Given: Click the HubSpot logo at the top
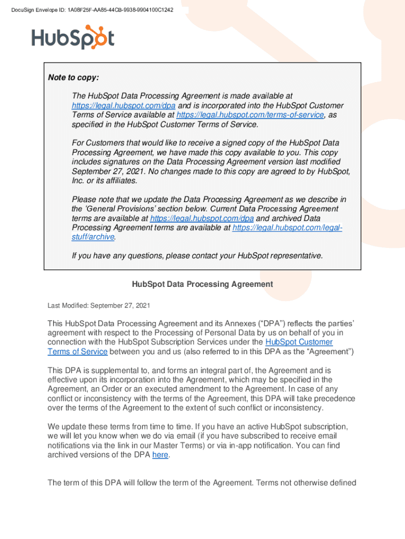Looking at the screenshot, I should coord(73,37).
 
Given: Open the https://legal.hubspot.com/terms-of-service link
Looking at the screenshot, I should coord(250,115).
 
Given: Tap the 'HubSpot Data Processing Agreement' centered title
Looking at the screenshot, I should coord(202,284).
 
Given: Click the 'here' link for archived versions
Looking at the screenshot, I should coord(160,455).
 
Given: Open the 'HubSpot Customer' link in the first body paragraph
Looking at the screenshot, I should coord(299,342).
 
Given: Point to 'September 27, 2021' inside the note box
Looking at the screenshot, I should coord(108,172).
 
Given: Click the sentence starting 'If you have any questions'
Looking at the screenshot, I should coord(197,256).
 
